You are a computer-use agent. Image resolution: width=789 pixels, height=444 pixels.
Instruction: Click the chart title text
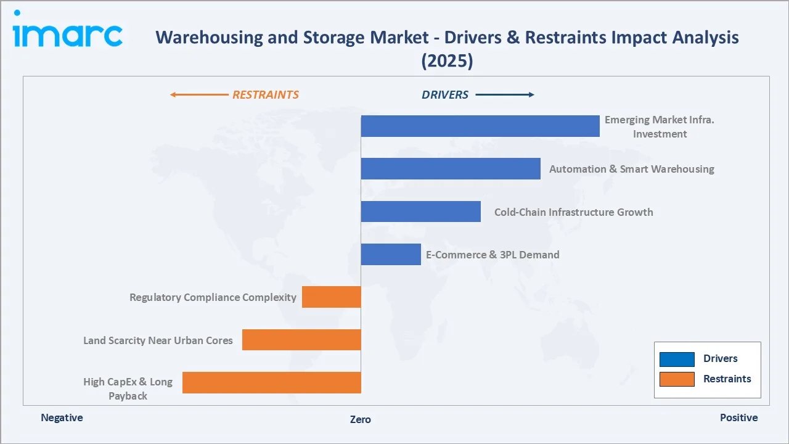click(447, 48)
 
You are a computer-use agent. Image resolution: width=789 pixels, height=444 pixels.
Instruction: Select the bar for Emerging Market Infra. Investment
click(480, 126)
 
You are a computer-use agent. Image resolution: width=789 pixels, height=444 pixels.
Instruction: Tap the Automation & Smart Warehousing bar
click(450, 168)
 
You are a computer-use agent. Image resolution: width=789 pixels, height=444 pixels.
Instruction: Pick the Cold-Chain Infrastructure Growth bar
click(420, 212)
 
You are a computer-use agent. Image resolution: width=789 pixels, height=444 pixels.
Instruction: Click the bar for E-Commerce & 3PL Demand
click(390, 254)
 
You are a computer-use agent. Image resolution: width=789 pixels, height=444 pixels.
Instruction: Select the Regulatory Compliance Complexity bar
click(331, 297)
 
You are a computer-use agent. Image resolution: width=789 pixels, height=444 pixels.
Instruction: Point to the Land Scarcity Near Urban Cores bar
click(301, 340)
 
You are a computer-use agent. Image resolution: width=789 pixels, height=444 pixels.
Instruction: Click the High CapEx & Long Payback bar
click(271, 382)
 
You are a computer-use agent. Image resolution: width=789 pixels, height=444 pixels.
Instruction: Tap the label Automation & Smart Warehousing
click(631, 169)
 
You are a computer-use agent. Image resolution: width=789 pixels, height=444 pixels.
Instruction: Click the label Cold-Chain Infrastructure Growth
click(573, 212)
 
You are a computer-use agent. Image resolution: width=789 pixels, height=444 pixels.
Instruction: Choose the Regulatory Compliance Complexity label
click(213, 297)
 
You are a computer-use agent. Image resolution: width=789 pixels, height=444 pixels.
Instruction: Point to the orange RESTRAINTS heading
click(265, 95)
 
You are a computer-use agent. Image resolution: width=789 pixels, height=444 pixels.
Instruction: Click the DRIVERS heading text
click(444, 95)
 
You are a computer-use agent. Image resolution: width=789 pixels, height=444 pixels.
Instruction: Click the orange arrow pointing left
click(198, 95)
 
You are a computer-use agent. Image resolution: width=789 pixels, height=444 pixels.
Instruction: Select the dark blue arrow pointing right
click(505, 95)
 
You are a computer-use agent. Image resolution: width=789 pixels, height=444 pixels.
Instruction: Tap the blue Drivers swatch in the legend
click(676, 359)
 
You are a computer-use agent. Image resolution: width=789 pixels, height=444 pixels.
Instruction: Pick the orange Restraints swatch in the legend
click(676, 379)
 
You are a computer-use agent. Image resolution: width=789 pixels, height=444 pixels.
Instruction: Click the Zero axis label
click(361, 419)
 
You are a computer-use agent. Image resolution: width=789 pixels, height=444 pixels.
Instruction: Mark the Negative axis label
click(62, 417)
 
